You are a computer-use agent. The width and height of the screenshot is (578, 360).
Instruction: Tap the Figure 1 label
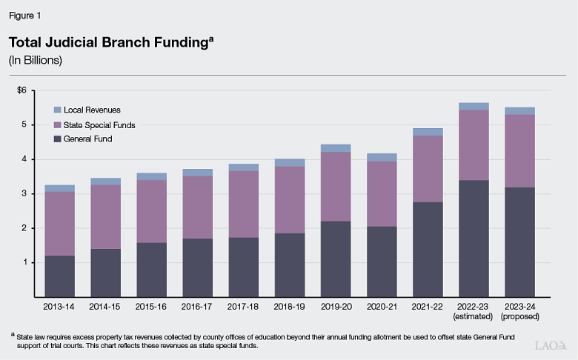tap(26, 13)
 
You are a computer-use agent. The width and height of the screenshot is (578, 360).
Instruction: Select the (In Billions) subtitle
tap(35, 61)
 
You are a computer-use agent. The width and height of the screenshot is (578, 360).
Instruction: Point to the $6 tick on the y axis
tap(21, 90)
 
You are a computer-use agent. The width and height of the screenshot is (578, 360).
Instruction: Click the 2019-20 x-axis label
tap(335, 306)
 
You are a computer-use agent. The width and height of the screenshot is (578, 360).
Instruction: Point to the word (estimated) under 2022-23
tap(473, 316)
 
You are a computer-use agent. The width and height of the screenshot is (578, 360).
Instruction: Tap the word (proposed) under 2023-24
tap(519, 316)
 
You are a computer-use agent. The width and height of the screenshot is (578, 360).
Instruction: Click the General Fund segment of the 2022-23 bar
tap(473, 238)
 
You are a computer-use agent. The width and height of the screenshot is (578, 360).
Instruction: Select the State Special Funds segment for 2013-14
tap(60, 224)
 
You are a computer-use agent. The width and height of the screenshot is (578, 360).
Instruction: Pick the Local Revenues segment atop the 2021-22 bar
tap(427, 132)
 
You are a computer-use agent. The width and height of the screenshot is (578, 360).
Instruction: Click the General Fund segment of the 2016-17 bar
tap(197, 267)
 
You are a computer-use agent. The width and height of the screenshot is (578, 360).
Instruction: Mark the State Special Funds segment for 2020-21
tap(381, 194)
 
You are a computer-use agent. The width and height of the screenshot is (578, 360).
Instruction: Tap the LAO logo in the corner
tap(553, 345)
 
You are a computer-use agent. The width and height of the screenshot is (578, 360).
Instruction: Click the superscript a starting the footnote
tap(13, 333)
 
